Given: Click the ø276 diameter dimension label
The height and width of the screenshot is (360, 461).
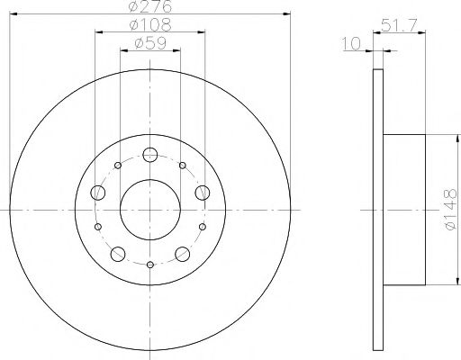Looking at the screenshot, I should [x=149, y=7].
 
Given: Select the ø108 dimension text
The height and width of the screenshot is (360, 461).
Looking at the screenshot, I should [x=149, y=24].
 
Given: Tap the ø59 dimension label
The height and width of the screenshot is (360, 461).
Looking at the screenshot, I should [x=149, y=42].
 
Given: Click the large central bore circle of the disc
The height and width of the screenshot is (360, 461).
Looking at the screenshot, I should [x=149, y=209].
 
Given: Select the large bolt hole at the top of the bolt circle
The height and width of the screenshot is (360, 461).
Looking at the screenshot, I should [x=149, y=153].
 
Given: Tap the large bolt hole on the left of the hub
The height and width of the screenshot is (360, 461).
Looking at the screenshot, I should [x=97, y=191].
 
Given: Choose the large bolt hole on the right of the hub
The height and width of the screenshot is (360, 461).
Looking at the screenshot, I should [x=203, y=191].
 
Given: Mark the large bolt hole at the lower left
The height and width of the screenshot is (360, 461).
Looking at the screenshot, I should [x=118, y=253].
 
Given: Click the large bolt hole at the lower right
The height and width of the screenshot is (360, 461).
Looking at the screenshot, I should [x=183, y=253].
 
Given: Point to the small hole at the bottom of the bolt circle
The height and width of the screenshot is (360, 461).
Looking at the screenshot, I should [x=149, y=264].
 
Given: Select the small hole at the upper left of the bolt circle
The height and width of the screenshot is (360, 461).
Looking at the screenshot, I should [x=118, y=166].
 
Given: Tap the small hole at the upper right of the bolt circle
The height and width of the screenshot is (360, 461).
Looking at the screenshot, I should [x=183, y=166].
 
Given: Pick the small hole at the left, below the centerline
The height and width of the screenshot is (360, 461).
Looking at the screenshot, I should [x=98, y=227].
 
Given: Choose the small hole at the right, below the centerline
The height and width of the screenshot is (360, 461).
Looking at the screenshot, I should [x=202, y=227].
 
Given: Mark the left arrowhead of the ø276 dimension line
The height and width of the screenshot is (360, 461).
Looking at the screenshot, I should [x=12, y=13].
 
